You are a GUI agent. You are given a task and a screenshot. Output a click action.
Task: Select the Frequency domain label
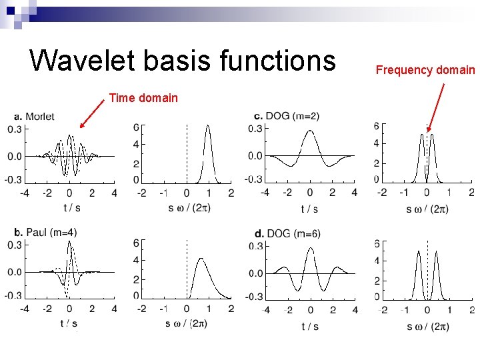point(425,70)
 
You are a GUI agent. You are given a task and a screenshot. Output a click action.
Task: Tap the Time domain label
point(143,98)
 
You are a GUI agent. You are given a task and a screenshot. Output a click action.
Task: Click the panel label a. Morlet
point(33,117)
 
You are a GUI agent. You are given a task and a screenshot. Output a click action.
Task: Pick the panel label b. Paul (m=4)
point(45,233)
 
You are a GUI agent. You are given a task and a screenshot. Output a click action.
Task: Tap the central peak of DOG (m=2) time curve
point(310,131)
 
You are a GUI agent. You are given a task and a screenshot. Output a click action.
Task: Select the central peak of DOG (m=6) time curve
point(310,249)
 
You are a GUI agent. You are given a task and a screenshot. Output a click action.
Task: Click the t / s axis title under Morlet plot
point(71,207)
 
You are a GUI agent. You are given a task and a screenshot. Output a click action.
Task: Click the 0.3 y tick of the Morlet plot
point(15,129)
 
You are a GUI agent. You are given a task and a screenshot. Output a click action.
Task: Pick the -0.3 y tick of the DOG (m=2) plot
point(255,179)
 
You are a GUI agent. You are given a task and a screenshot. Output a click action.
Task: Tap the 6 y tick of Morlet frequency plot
point(136,127)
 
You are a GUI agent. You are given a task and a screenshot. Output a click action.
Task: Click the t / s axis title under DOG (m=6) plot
point(309,326)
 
